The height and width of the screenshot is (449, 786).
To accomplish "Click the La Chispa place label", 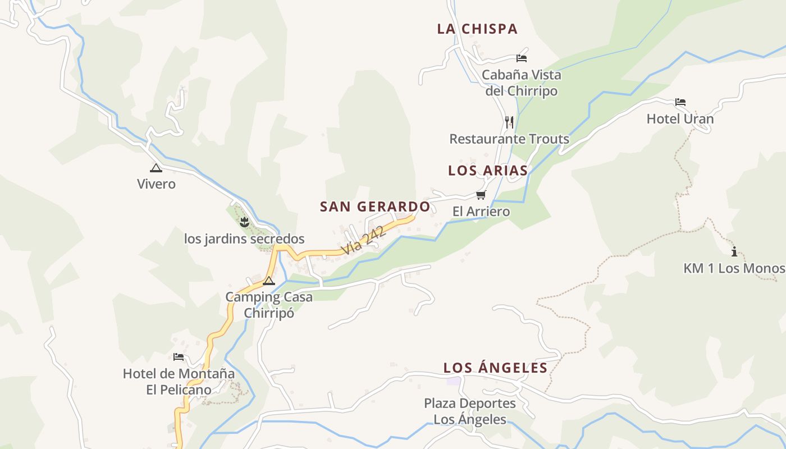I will point(477,29).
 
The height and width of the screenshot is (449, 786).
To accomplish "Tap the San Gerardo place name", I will point(375,207).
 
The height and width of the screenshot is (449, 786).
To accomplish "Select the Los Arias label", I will point(488,171).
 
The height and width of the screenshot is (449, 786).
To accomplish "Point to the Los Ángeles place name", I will point(495,368).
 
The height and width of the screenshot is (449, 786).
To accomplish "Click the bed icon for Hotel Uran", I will point(680,102).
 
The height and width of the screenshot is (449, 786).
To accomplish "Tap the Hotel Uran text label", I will point(680,119).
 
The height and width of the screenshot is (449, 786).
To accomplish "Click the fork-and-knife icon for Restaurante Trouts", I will point(509,122).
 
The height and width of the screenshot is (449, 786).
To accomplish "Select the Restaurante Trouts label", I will point(509,139).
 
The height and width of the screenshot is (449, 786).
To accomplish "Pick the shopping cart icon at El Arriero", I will point(481,195).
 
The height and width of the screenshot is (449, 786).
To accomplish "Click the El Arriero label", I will point(481,212).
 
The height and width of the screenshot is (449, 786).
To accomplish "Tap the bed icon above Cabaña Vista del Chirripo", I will point(522,58).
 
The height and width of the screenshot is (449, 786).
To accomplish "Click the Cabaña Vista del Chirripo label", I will point(522,83).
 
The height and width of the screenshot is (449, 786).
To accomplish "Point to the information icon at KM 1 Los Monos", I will point(734,251).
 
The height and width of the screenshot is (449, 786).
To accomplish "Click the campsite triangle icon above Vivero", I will point(156,167).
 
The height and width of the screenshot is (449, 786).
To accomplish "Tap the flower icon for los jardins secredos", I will point(244,222).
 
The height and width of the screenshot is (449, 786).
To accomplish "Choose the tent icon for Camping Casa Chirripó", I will point(269,281).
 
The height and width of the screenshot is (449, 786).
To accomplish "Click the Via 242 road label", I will point(364,240).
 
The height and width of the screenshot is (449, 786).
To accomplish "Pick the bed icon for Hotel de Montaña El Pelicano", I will point(179,356).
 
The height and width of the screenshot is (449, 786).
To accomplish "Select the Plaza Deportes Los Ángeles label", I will point(470,411).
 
